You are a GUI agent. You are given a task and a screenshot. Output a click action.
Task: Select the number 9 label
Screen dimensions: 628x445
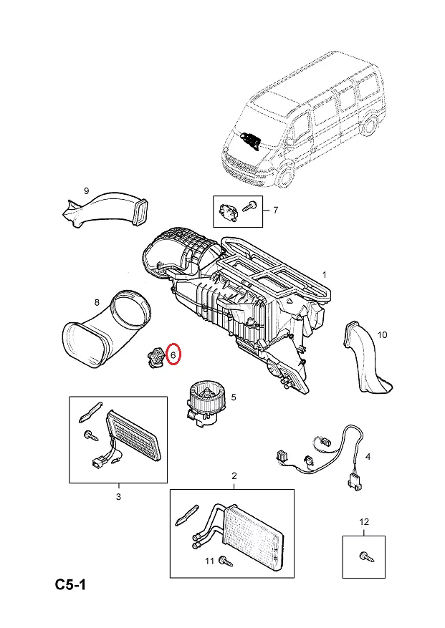[86, 190]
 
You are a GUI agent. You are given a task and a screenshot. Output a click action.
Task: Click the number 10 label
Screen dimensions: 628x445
[381, 335]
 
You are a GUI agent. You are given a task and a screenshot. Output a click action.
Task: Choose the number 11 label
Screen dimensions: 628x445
[209, 561]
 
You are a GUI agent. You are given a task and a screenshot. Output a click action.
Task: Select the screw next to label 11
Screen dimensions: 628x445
[226, 561]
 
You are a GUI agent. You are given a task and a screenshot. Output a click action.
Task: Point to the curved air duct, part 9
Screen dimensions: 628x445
[107, 209]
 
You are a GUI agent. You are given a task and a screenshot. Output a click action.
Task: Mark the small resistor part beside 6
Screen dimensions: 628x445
[153, 355]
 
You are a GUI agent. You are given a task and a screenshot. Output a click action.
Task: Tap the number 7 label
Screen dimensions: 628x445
[274, 210]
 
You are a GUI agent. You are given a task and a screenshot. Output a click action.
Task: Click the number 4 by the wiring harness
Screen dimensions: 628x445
[368, 456]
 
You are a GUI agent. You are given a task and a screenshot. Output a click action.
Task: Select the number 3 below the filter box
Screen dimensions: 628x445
[118, 496]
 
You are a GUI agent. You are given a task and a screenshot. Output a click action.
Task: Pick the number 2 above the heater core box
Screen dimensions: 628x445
[234, 476]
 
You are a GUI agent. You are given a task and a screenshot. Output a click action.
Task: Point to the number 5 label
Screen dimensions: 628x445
[233, 397]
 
